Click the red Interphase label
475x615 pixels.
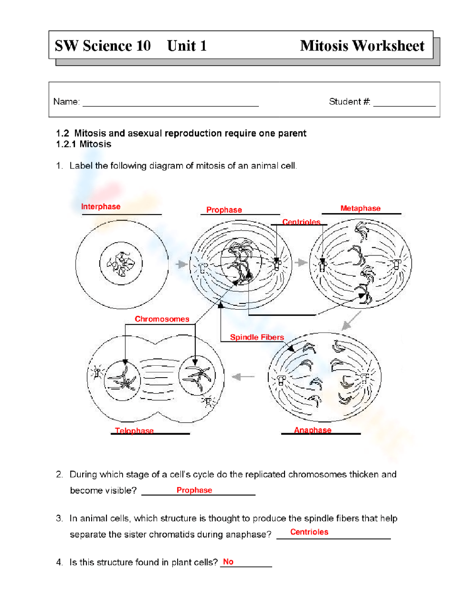101,206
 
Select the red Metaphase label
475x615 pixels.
361,208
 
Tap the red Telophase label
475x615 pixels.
134,430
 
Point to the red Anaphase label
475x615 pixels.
313,430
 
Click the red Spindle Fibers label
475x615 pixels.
257,337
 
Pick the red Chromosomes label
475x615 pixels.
162,319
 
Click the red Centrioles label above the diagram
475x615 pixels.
301,222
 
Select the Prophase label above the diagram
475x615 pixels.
224,210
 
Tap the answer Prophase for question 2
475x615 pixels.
194,490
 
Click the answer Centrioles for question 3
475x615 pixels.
309,532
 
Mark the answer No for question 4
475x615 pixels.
228,562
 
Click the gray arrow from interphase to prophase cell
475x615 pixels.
181,264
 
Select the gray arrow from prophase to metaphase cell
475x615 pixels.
301,262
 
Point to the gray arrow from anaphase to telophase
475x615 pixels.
243,377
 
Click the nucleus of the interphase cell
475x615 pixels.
121,264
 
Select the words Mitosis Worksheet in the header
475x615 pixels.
362,46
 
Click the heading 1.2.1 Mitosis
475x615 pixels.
84,144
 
